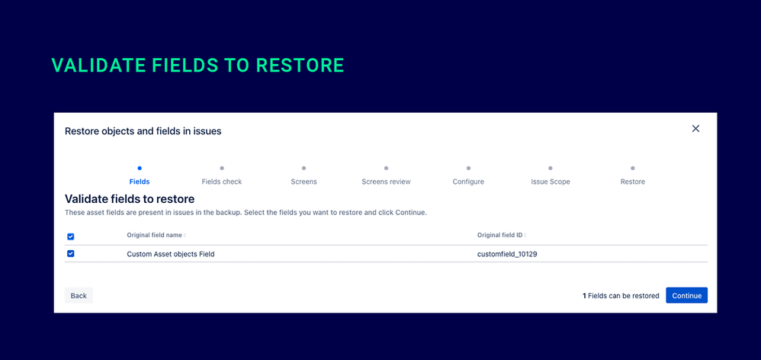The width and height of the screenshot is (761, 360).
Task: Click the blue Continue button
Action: [x=686, y=296]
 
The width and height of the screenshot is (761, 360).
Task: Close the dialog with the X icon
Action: [x=695, y=129]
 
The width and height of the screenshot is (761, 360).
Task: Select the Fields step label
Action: [x=140, y=182]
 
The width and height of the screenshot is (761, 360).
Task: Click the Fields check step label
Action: [x=222, y=182]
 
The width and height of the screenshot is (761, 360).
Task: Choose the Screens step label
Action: [x=303, y=182]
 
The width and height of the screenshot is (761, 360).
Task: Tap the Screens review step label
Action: [x=386, y=182]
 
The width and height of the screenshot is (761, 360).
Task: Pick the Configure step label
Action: [x=468, y=182]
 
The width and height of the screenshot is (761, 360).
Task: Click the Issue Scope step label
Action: [x=551, y=182]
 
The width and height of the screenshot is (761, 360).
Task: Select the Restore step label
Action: [x=632, y=182]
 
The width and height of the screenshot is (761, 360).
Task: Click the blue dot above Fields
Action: [x=140, y=168]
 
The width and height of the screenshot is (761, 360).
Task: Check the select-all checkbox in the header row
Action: [x=71, y=236]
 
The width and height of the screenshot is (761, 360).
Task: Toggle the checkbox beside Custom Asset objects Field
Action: [x=71, y=254]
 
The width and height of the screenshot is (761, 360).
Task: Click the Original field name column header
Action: [x=156, y=235]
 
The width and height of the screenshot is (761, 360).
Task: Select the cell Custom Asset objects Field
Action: [x=171, y=254]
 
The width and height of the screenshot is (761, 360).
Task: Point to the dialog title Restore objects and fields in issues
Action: [x=143, y=131]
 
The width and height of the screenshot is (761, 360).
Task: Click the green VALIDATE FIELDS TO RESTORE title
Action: [x=197, y=66]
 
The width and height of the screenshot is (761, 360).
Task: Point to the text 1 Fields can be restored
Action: [x=621, y=296]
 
